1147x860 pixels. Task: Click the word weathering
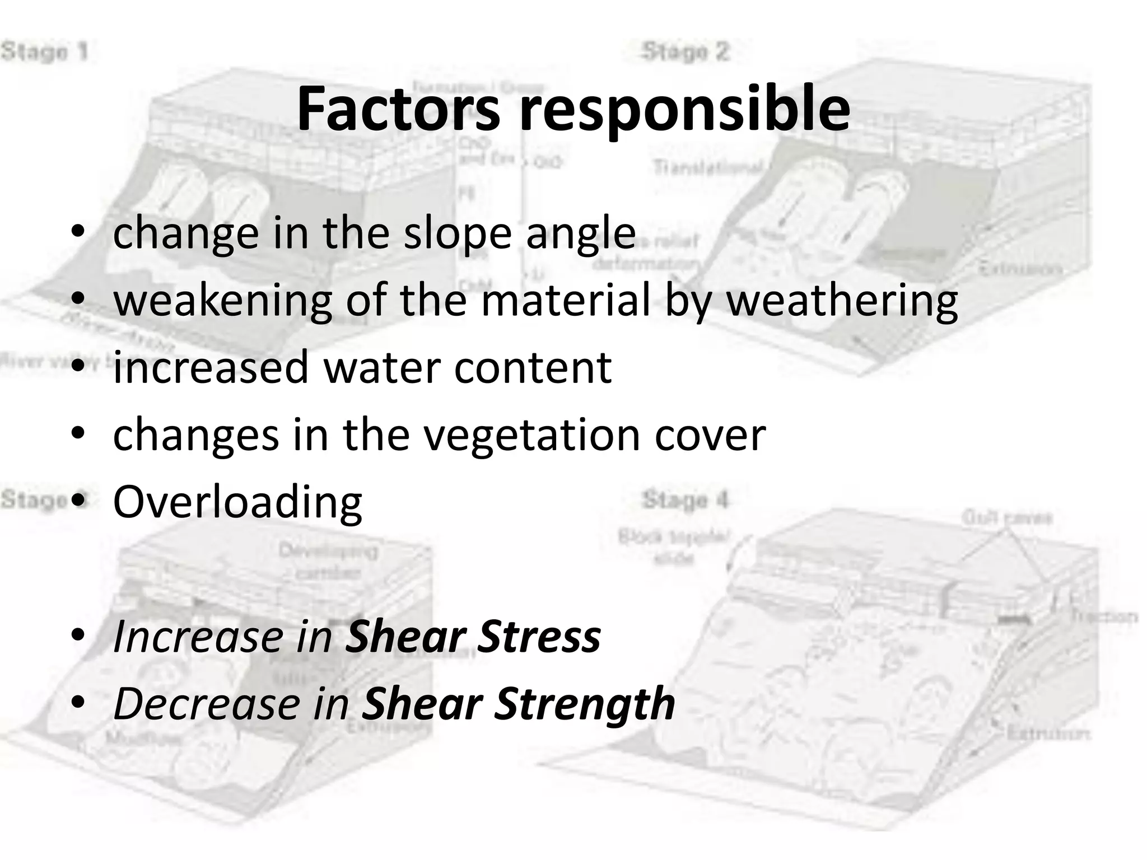842,301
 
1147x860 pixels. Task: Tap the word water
380,367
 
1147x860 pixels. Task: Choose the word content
533,367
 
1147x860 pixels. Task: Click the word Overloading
237,502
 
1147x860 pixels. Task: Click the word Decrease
207,704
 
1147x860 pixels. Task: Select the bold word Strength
585,705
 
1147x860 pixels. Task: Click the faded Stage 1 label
44,52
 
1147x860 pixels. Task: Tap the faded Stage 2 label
686,52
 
